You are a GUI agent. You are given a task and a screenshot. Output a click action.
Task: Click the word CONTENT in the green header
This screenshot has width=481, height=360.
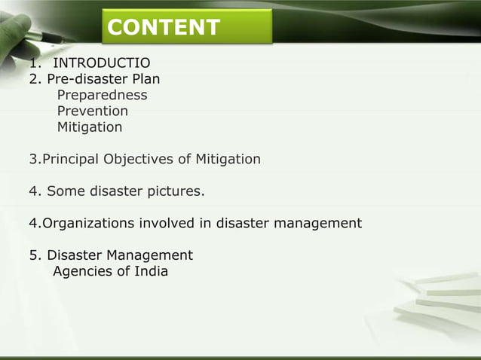coord(164,28)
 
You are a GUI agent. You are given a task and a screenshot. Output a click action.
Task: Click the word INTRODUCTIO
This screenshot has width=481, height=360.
coord(101,63)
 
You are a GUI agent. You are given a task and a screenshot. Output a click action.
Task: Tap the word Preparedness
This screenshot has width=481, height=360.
coord(102,95)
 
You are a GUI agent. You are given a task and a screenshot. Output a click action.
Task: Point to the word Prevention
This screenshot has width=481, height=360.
coord(93,111)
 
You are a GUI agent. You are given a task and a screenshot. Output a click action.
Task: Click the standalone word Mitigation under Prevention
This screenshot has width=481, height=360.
coord(90,127)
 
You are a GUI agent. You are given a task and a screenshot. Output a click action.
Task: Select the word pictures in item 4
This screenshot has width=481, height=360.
coord(177,191)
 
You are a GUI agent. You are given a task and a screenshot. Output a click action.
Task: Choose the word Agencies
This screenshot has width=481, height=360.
coord(81,271)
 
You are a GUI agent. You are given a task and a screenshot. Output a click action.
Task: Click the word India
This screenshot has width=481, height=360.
coord(151,271)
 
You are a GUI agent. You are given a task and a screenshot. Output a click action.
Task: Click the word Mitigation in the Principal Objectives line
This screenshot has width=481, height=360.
coord(229,159)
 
